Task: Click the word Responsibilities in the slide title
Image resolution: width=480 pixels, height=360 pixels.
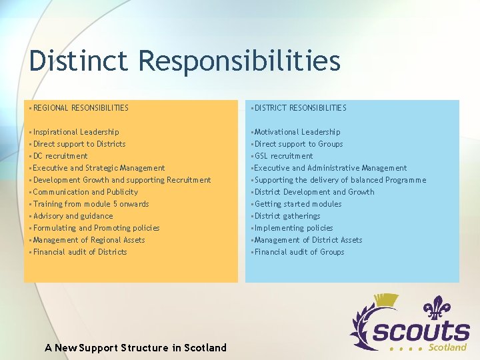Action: tap(239, 61)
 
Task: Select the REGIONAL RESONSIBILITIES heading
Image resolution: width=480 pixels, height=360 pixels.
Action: tap(80, 107)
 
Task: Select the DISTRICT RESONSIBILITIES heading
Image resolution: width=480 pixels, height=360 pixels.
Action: tap(300, 107)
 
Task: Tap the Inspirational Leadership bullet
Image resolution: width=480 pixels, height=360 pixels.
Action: tap(76, 132)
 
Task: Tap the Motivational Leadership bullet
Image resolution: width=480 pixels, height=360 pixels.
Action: tap(297, 132)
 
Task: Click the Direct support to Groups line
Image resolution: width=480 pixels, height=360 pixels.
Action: tap(298, 144)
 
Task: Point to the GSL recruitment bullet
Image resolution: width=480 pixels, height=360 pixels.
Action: tap(283, 156)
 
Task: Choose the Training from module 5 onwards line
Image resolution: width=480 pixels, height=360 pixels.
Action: tap(91, 204)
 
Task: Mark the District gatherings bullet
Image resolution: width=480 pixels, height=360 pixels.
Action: tap(287, 216)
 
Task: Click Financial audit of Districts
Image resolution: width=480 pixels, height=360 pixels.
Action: tap(80, 252)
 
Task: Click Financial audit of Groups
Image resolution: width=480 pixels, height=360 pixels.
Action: tap(299, 252)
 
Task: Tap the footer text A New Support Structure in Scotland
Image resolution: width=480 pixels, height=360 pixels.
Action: tap(135, 347)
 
